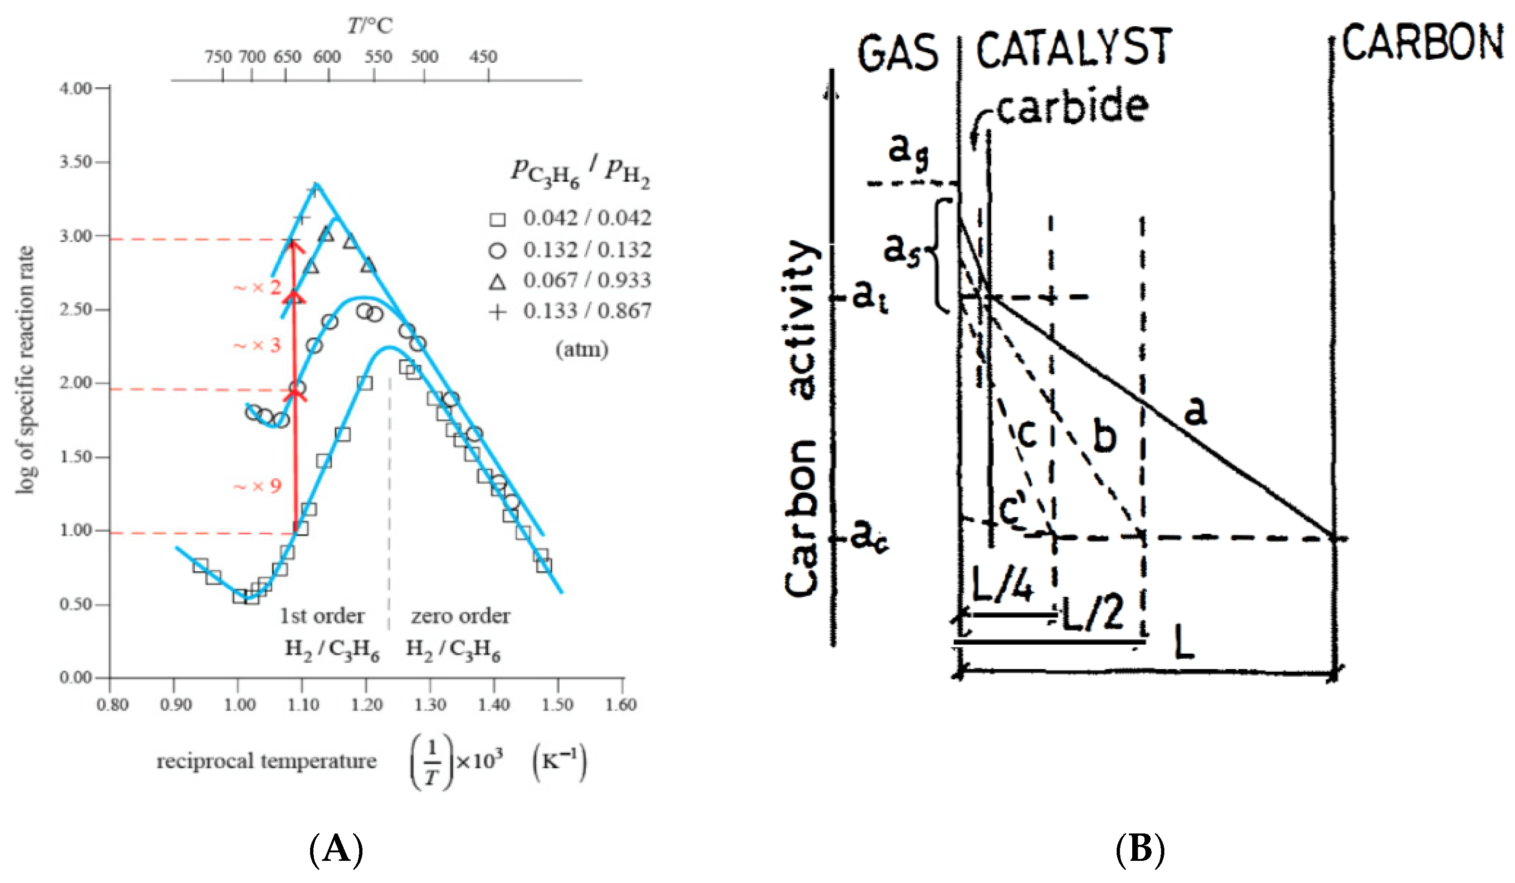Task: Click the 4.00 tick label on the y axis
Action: coord(75,89)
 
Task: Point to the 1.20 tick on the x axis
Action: coord(366,704)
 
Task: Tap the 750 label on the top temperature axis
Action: coord(218,57)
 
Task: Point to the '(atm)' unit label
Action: coord(581,349)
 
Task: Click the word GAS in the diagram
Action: coord(898,53)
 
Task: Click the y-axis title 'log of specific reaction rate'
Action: coord(25,369)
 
